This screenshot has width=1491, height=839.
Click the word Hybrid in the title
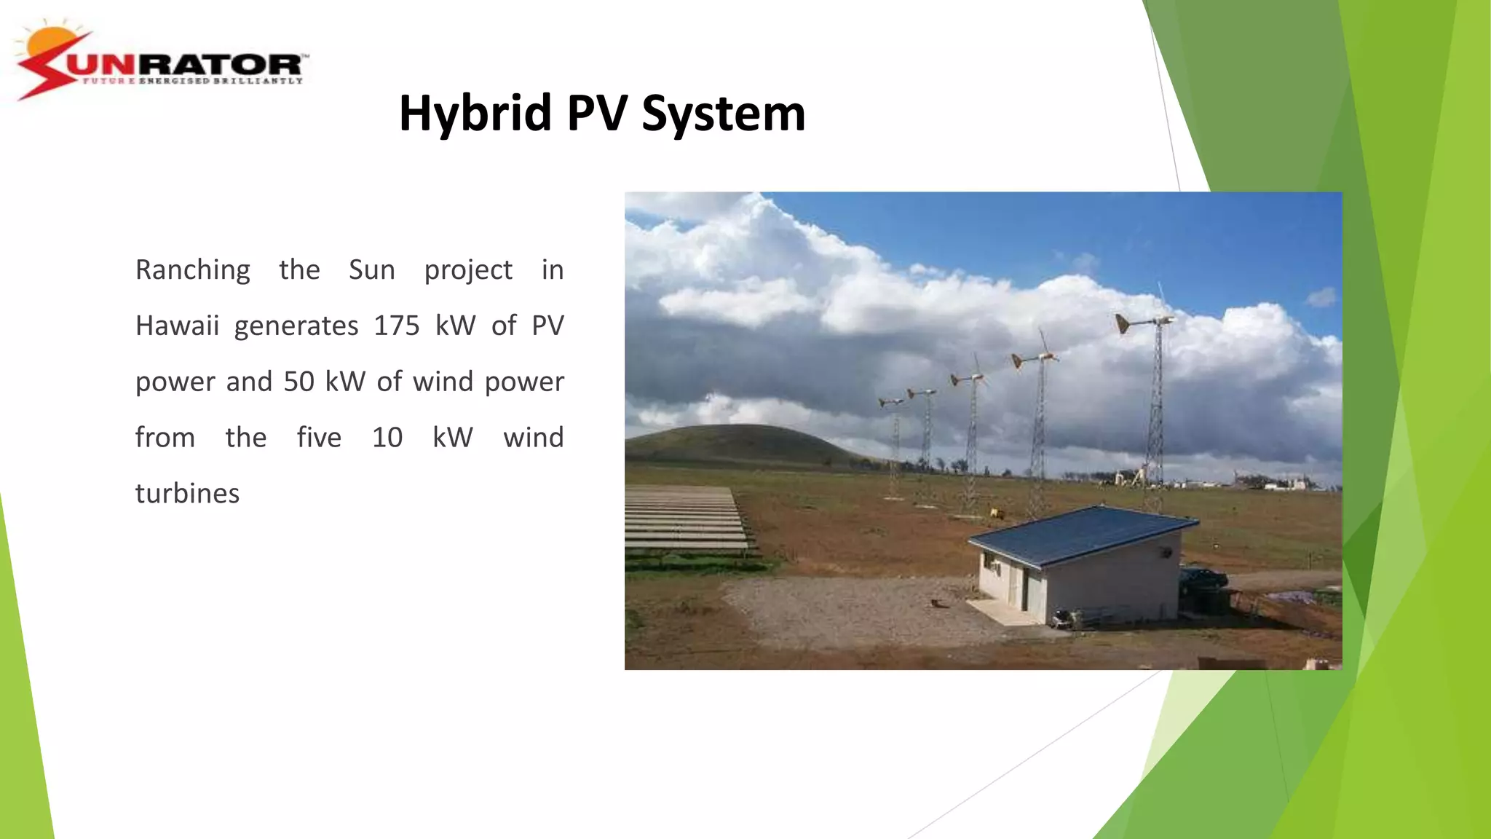(475, 114)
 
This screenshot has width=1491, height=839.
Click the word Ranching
(193, 271)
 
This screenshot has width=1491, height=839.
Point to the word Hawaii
(177, 326)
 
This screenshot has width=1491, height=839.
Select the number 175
(397, 326)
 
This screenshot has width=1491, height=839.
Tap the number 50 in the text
(298, 382)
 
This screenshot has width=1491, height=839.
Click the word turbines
(187, 494)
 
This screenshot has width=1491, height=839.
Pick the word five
(319, 438)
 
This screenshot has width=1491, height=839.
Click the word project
(468, 271)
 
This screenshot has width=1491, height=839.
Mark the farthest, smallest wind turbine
(892, 402)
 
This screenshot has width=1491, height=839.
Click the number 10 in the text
(387, 438)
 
